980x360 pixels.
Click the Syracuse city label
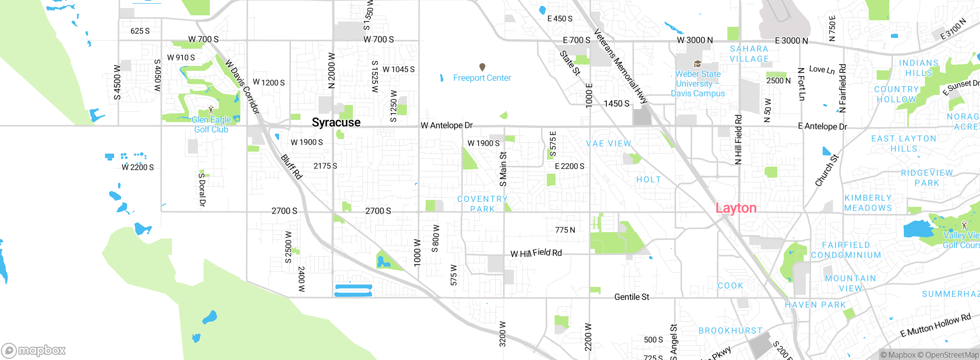[x=336, y=123]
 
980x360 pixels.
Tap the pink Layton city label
[x=736, y=208]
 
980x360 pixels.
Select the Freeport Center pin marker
[x=482, y=67]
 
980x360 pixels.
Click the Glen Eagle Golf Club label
[x=211, y=124]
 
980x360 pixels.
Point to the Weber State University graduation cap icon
[x=697, y=64]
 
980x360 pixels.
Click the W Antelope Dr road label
[x=446, y=125]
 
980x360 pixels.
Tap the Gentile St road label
[x=632, y=297]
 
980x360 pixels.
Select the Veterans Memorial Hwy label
[x=620, y=66]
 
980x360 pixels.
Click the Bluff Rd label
[x=292, y=167]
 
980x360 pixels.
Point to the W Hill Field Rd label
[x=536, y=253]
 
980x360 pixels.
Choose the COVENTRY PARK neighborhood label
[x=482, y=204]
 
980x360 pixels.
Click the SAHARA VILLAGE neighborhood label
[x=749, y=54]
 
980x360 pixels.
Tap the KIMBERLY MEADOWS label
[x=868, y=203]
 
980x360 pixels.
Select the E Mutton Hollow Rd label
[x=935, y=325]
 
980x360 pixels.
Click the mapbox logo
[x=34, y=350]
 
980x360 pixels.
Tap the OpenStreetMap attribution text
[x=948, y=355]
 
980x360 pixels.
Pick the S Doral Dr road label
[x=202, y=190]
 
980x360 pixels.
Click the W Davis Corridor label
[x=243, y=86]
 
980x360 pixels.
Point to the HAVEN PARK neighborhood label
[x=815, y=305]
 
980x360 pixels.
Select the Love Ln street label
[x=822, y=70]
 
